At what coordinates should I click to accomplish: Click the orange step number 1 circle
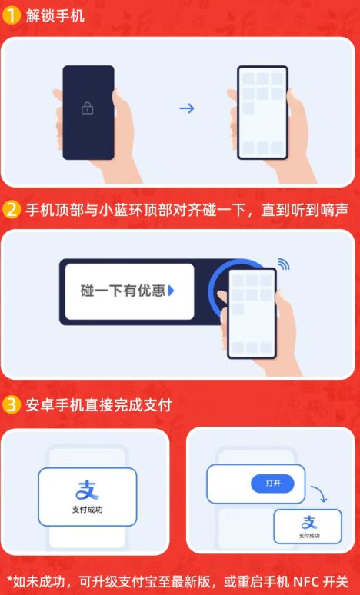click(x=12, y=15)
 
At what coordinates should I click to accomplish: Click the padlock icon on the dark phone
click(x=87, y=108)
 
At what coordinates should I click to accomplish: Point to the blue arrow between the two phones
click(x=186, y=108)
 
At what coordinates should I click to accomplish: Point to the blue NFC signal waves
click(x=283, y=264)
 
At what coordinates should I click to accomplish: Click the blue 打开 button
click(x=272, y=483)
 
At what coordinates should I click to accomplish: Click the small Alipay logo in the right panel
click(x=308, y=523)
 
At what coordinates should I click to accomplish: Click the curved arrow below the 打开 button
click(x=320, y=497)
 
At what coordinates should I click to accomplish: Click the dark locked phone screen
click(x=88, y=112)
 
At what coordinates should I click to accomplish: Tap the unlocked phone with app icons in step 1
click(x=262, y=112)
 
